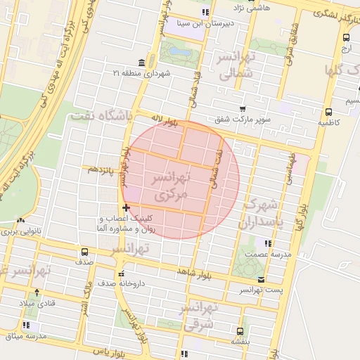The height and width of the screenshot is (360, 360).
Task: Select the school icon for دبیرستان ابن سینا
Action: click(205, 12)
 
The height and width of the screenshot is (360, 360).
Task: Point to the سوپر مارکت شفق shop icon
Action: click(242, 110)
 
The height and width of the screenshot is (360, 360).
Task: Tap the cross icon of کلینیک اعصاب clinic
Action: click(126, 207)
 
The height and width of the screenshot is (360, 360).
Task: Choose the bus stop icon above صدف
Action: click(85, 251)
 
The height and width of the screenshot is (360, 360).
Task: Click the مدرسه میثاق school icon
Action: click(26, 326)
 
